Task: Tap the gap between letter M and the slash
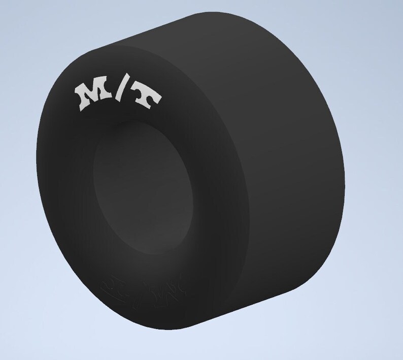(110, 94)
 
